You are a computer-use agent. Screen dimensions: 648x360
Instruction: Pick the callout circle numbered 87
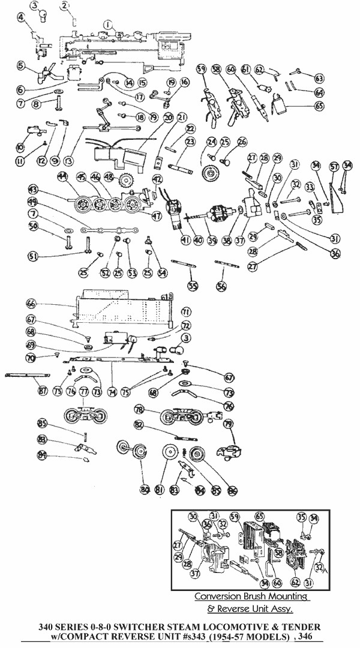[43, 391]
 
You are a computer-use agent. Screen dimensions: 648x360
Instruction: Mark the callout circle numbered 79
[228, 425]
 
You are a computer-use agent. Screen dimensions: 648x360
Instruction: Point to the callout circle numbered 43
[33, 189]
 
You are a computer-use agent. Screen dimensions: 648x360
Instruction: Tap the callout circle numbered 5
[22, 65]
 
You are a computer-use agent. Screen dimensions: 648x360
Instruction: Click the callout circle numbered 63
[319, 78]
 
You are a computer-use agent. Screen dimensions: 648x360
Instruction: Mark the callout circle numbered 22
[190, 128]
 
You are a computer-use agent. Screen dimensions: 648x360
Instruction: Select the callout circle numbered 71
[186, 312]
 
